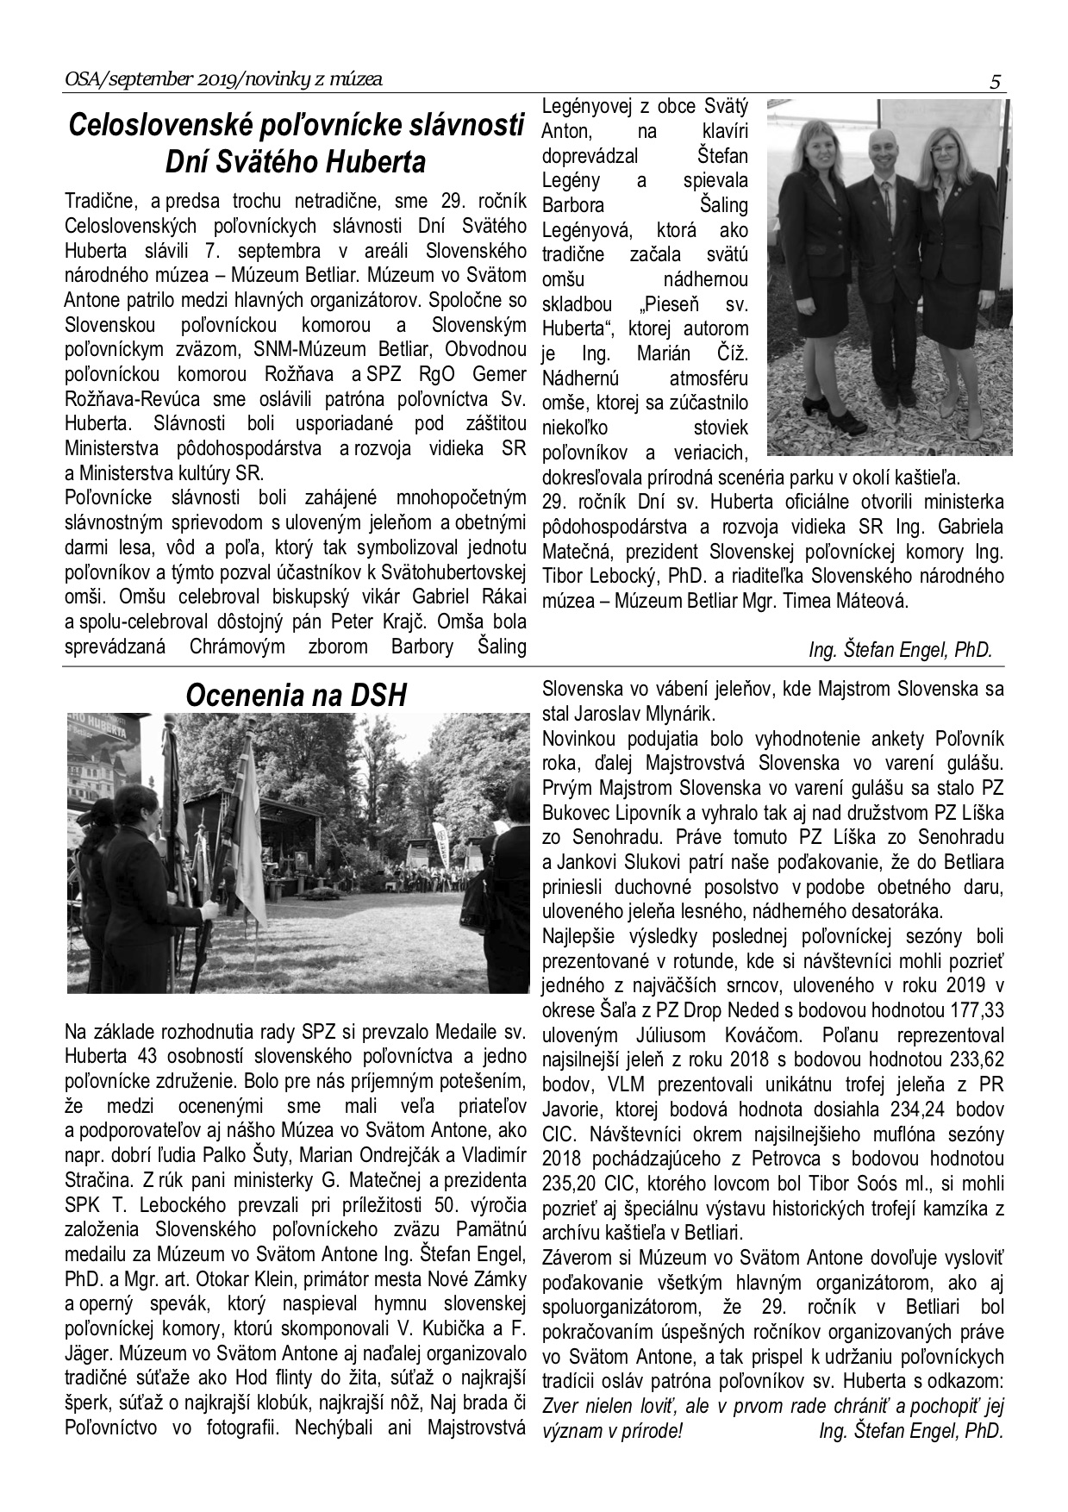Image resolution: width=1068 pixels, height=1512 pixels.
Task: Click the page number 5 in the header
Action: point(996,83)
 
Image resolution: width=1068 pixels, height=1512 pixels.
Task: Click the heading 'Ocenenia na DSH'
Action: point(296,695)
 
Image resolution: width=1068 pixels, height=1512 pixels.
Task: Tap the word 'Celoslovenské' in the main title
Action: point(161,126)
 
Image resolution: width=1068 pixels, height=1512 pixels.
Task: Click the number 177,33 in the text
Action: point(971,1009)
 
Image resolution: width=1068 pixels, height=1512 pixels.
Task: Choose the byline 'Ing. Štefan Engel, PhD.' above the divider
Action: point(901,650)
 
